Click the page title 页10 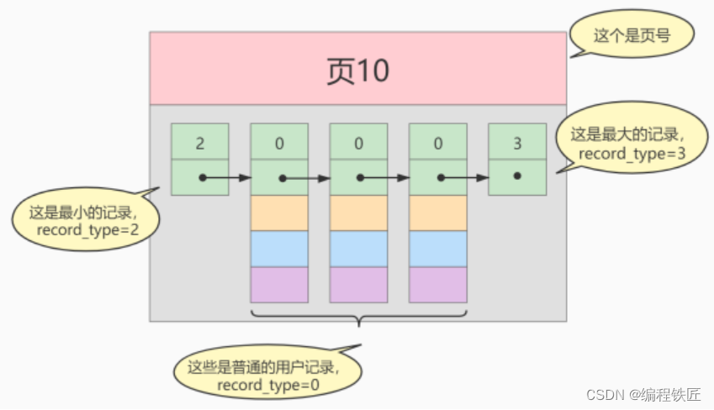[x=357, y=71]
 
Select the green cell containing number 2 [x=199, y=142]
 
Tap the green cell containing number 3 [x=516, y=142]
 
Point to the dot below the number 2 [x=202, y=177]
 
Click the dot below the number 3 [x=516, y=176]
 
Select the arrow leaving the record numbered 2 [x=227, y=177]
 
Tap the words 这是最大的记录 [x=626, y=134]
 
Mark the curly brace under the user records [x=358, y=318]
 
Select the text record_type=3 [x=626, y=154]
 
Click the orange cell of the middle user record [x=358, y=213]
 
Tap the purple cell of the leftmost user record [x=279, y=285]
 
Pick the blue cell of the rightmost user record [x=437, y=249]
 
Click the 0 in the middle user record [x=358, y=142]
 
